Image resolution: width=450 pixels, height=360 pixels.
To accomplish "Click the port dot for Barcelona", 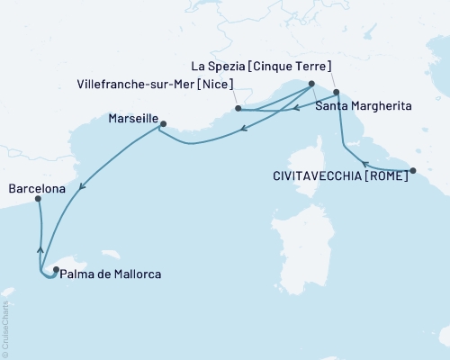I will click(x=38, y=200).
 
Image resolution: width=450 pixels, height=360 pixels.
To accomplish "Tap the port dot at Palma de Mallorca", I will click(x=56, y=269).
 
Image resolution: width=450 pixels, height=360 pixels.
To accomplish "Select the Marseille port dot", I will click(x=163, y=124).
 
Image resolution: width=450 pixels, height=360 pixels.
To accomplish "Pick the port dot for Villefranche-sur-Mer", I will click(x=238, y=108).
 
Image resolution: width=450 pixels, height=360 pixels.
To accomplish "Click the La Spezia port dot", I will click(x=310, y=84).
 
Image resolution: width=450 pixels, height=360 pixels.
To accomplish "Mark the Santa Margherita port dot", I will click(x=336, y=92).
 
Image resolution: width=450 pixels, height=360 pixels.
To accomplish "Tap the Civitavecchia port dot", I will click(x=413, y=170).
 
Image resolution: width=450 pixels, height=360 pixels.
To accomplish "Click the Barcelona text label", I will click(x=36, y=189).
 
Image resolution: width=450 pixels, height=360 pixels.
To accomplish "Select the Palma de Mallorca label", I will click(x=112, y=273).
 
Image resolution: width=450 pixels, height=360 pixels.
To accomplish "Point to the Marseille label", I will click(x=133, y=118).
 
